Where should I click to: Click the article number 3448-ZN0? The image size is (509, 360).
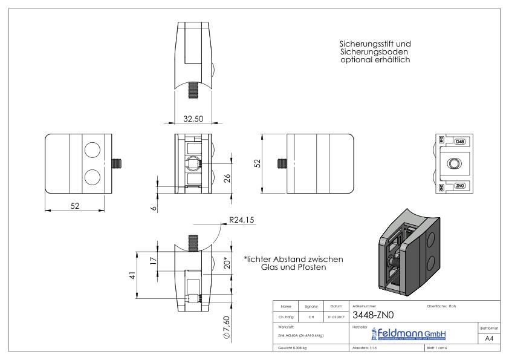pyautogui.click(x=373, y=315)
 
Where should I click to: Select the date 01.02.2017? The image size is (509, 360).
pyautogui.click(x=334, y=315)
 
